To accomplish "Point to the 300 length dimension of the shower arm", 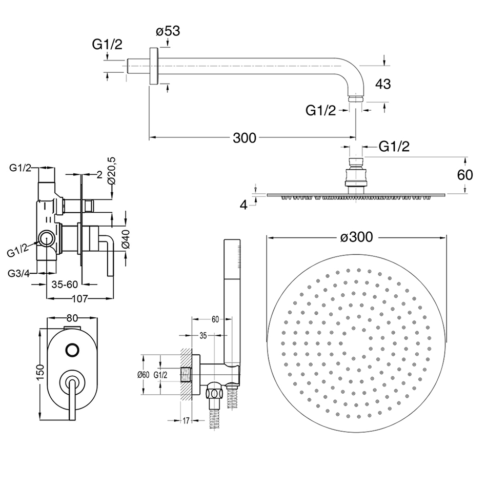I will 245,138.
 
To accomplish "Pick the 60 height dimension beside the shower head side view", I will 464,174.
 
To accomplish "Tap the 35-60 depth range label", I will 65,283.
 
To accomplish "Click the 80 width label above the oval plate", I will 71,318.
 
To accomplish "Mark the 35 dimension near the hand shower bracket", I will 202,336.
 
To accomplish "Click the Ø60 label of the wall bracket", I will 143,375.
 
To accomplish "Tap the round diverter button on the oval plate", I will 72,350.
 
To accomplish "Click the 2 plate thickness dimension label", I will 100,174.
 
